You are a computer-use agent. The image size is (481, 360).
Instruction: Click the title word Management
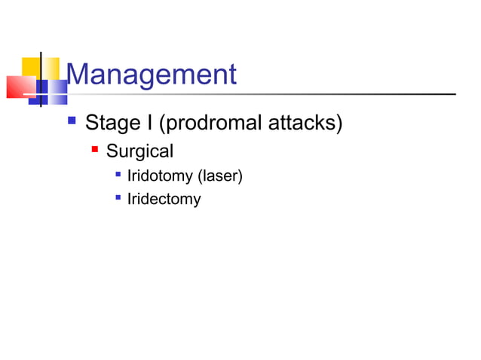click(151, 75)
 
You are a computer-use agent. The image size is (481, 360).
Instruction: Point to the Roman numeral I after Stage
click(146, 123)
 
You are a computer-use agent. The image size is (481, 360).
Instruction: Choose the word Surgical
click(139, 151)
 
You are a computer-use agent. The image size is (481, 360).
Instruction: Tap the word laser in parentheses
click(219, 178)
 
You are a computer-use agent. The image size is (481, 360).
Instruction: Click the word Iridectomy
click(164, 200)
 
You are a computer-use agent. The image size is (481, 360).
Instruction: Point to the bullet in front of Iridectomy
click(117, 198)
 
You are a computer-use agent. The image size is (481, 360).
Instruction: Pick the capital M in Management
click(78, 75)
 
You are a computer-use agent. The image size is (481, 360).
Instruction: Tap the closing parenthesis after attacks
click(339, 123)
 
